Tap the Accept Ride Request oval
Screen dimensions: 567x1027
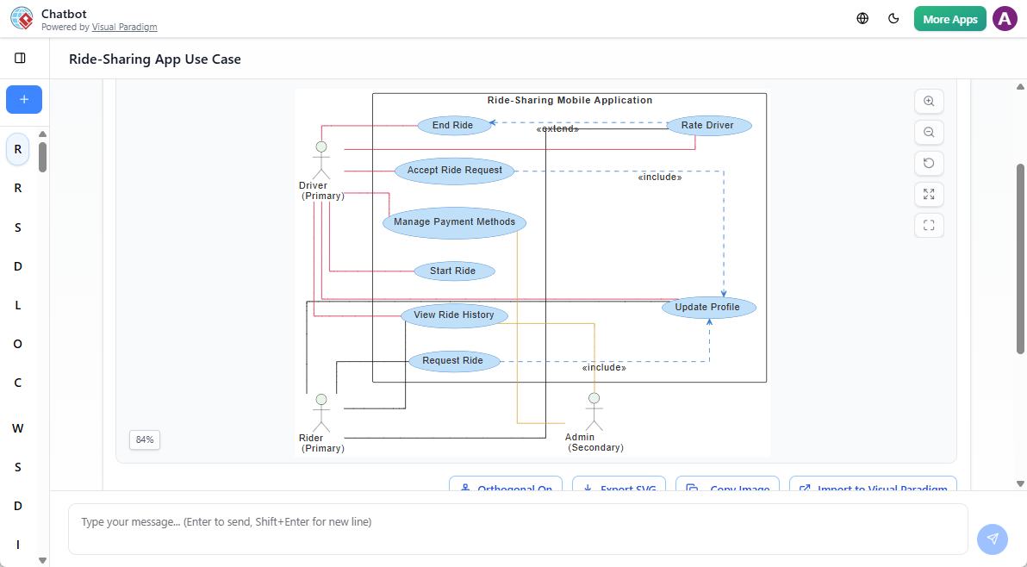[455, 171]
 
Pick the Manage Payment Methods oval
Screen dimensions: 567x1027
[454, 222]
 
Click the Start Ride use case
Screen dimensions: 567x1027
[453, 271]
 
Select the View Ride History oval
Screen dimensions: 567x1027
[454, 315]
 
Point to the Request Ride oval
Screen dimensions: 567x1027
[453, 361]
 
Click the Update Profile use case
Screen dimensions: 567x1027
[708, 308]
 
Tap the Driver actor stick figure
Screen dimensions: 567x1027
[321, 160]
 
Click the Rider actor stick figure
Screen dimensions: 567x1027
[321, 413]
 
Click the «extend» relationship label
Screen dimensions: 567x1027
[557, 129]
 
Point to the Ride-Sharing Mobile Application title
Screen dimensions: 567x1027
[570, 101]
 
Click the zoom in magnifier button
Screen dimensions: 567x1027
[929, 101]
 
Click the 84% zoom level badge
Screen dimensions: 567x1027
[145, 439]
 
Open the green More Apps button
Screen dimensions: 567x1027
[949, 19]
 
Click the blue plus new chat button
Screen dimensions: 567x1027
[24, 100]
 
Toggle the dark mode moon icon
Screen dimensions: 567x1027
[893, 19]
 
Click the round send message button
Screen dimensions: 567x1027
[992, 539]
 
